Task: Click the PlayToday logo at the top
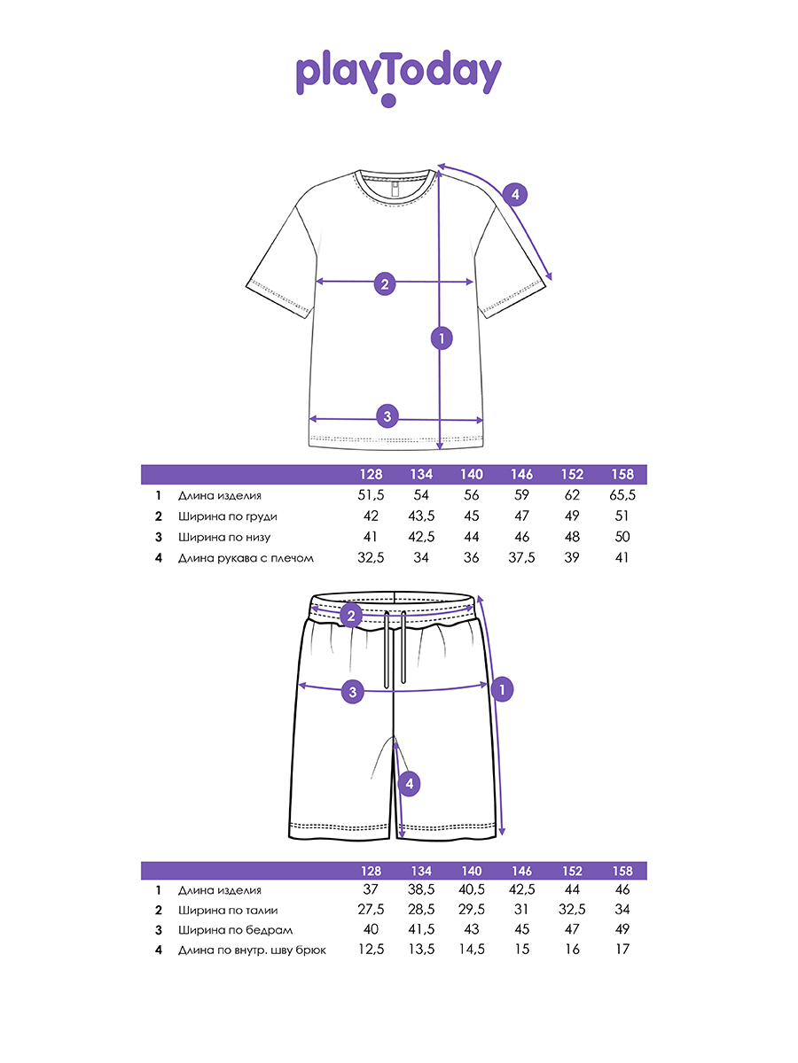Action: pos(398,76)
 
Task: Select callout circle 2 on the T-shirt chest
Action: pos(385,283)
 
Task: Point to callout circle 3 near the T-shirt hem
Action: pos(387,415)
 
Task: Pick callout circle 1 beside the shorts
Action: pos(502,688)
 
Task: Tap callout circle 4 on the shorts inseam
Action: pos(408,783)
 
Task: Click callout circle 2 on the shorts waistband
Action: pos(351,616)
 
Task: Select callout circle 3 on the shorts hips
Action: pos(353,692)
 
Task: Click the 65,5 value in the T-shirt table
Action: pos(622,496)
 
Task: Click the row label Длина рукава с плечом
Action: pos(246,558)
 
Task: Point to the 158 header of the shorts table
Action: pos(622,870)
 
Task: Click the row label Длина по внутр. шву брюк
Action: pos(252,950)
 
